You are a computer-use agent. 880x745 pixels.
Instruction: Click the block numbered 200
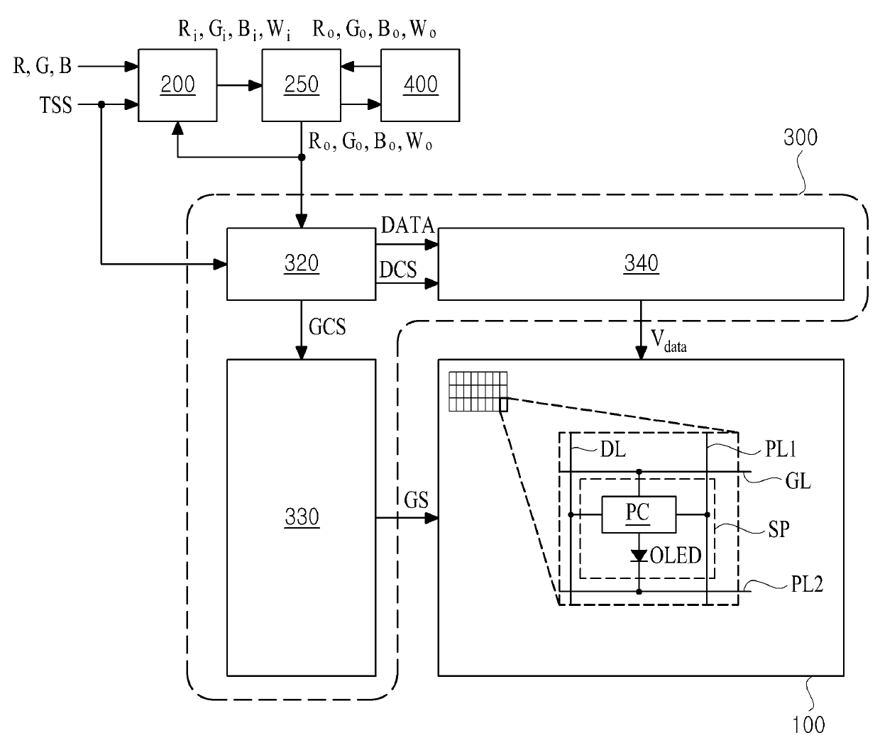click(177, 85)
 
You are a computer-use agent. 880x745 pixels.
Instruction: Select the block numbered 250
click(301, 85)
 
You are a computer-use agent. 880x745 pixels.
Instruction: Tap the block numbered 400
click(420, 85)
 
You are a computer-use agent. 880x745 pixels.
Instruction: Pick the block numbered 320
click(301, 264)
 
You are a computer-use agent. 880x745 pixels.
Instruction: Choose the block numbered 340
click(641, 264)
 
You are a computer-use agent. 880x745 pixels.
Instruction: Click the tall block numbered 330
click(301, 518)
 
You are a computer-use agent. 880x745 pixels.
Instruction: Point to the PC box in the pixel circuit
click(639, 514)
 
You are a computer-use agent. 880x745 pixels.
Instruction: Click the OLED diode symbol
click(639, 556)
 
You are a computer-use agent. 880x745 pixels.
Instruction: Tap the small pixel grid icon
click(478, 392)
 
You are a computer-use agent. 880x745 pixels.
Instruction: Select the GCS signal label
click(327, 327)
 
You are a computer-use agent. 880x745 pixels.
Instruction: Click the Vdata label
click(669, 341)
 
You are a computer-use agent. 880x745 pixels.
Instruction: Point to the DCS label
click(397, 270)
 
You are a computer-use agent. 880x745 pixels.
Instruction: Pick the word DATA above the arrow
click(407, 225)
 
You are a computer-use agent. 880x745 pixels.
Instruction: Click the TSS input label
click(56, 105)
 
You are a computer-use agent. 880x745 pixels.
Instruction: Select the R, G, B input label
click(42, 66)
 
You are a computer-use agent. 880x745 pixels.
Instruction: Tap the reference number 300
click(801, 138)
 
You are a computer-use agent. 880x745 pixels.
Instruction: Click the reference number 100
click(808, 724)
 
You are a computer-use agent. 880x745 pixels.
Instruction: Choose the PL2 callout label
click(807, 584)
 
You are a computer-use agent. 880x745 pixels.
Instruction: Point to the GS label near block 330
click(416, 500)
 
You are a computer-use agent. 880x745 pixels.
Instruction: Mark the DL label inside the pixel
click(613, 449)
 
